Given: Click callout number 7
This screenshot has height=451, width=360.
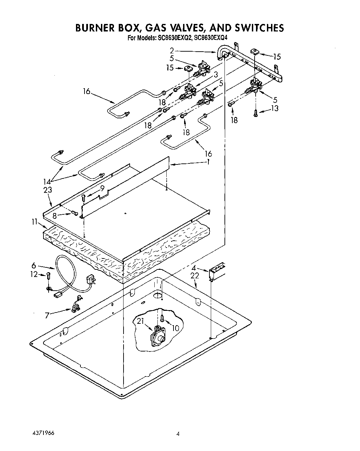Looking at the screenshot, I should [x=47, y=315].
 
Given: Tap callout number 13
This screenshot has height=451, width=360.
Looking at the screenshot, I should [x=274, y=108].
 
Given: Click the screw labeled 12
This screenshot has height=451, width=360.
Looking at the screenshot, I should [x=49, y=276].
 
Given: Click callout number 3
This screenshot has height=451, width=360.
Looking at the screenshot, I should [x=216, y=75].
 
